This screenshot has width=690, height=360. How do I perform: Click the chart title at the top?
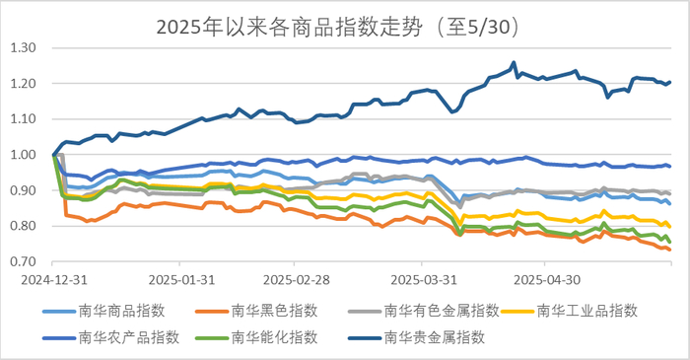pyautogui.click(x=345, y=25)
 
